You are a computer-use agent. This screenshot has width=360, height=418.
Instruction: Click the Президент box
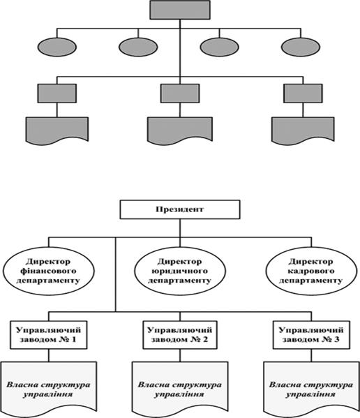pos(180,209)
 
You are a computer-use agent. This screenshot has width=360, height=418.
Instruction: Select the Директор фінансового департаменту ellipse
pos(49,271)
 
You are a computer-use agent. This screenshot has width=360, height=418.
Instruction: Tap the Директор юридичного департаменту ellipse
pos(180,271)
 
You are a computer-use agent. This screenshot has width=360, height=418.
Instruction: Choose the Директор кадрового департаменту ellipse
pos(311,271)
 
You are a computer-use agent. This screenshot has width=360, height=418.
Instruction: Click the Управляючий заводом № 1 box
pos(49,335)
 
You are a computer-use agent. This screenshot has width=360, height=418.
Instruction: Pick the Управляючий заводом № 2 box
pos(180,335)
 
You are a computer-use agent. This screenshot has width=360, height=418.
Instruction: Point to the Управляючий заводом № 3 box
pos(311,335)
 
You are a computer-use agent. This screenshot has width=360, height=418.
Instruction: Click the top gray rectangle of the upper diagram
pos(180,10)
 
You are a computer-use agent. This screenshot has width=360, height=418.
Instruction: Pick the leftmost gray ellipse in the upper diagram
pos(57,47)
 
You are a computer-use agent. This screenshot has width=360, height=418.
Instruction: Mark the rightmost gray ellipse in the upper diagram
pos(301,47)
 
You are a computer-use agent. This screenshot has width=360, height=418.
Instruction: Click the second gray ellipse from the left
pos(138,47)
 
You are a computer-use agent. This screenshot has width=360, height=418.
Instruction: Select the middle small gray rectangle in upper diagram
pos(180,94)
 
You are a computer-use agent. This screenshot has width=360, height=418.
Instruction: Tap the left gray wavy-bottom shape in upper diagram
pos(57,130)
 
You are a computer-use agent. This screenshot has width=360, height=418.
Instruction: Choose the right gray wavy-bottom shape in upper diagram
pos(303,130)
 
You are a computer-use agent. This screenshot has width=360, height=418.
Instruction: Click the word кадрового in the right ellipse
pos(310,271)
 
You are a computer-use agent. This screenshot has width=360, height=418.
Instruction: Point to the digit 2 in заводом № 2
pos(205,339)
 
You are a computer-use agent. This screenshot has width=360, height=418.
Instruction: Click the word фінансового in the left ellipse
pos(48,271)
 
